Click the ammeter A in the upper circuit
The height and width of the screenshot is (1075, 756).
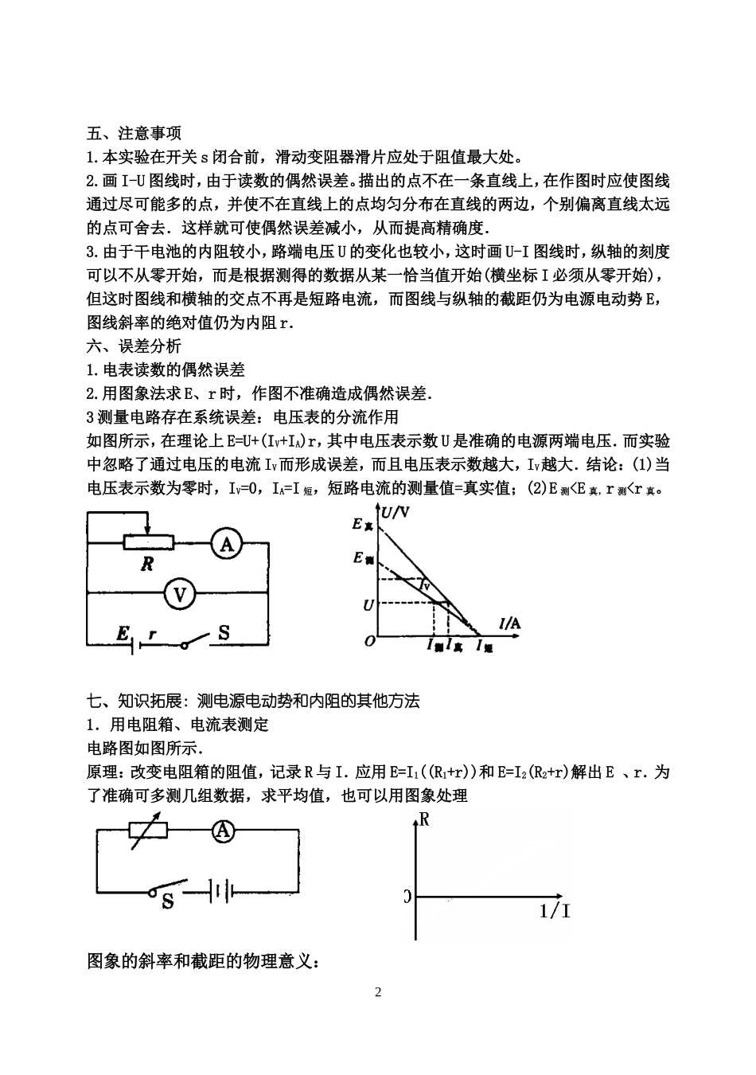point(227,544)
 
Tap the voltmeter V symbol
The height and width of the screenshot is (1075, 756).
point(180,593)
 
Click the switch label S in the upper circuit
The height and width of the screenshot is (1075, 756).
point(224,633)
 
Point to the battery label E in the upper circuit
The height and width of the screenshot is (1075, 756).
point(123,634)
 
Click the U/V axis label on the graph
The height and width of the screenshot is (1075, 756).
point(396,514)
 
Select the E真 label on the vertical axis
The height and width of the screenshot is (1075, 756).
point(362,525)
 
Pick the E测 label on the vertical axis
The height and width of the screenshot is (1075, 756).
point(363,559)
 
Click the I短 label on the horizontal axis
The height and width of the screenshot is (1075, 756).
point(485,647)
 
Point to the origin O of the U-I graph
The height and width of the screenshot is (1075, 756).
point(369,640)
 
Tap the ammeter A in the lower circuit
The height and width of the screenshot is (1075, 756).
point(224,831)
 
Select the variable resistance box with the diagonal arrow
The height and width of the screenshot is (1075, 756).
point(149,830)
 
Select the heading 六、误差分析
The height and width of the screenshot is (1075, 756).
point(134,346)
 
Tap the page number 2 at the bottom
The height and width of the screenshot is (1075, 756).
point(378,992)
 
